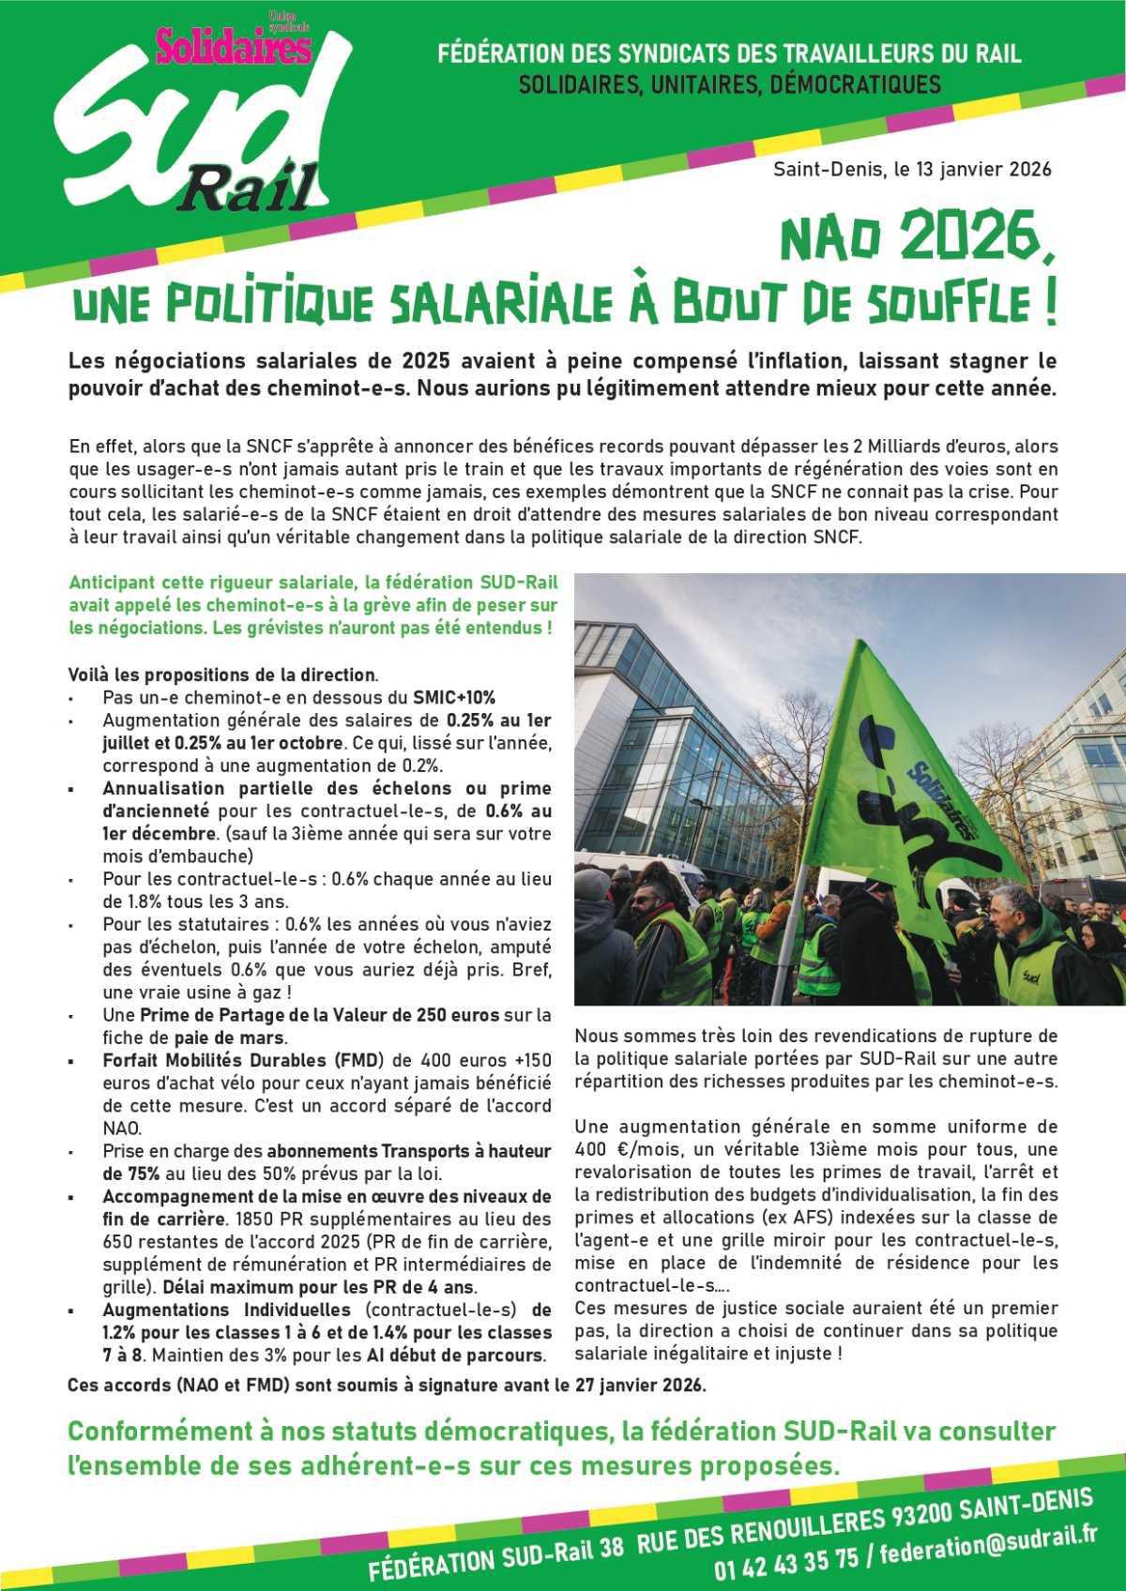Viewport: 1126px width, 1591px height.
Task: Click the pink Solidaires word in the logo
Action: coord(233,46)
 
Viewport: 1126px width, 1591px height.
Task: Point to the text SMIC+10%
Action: coord(454,698)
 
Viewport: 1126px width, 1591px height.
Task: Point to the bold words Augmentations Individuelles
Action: coord(226,1310)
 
